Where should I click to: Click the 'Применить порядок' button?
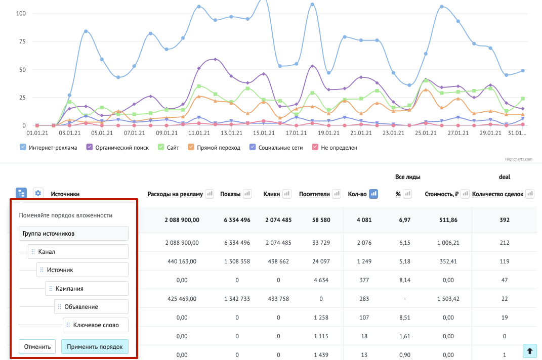(x=95, y=346)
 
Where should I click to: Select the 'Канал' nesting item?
(x=78, y=251)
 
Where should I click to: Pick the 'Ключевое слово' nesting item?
(x=96, y=325)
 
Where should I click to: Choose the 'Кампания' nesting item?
(x=87, y=289)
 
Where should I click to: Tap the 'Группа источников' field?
(x=73, y=233)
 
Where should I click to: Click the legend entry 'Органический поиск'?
(x=117, y=148)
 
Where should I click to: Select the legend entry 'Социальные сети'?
(x=276, y=148)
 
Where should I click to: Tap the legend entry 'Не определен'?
(x=335, y=148)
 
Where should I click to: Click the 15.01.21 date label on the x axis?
(x=264, y=133)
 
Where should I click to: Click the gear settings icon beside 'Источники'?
(x=38, y=194)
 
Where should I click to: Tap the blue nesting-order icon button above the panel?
(x=21, y=194)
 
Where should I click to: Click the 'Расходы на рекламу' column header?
(x=175, y=194)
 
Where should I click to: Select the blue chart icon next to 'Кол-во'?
(x=373, y=194)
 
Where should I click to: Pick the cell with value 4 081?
(x=364, y=220)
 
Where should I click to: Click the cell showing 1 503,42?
(x=448, y=299)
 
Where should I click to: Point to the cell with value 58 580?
(x=321, y=220)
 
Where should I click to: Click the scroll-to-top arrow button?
(x=529, y=351)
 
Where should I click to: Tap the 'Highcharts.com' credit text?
(x=519, y=159)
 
